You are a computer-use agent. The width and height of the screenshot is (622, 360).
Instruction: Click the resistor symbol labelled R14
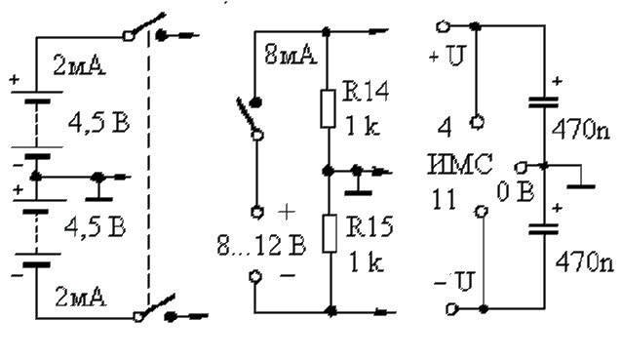click(x=328, y=108)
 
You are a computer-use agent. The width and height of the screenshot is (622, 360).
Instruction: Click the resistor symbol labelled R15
click(x=330, y=233)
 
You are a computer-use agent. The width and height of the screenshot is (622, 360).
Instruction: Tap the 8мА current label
click(x=291, y=55)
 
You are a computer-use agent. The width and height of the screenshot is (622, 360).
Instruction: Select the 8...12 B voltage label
click(x=262, y=245)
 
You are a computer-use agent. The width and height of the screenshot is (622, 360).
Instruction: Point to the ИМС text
click(x=460, y=164)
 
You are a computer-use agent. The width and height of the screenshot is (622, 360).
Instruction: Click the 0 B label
click(x=516, y=192)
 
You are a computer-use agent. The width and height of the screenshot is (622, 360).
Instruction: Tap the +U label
click(x=447, y=56)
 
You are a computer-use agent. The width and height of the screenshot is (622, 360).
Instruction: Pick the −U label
click(x=453, y=281)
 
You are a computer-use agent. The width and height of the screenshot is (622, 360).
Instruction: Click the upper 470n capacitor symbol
click(x=544, y=102)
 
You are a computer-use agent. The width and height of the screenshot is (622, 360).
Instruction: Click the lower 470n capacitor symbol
click(x=544, y=229)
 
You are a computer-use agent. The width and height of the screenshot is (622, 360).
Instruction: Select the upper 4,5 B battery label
click(x=98, y=123)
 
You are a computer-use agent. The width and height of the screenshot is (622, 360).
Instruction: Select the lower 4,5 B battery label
click(x=96, y=227)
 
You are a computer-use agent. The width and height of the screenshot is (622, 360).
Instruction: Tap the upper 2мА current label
click(x=79, y=66)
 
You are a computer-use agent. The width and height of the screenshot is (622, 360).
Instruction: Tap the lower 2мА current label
click(x=81, y=297)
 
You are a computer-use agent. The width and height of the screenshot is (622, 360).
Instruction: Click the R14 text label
click(x=366, y=91)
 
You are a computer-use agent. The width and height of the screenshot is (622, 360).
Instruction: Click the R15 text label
click(x=369, y=226)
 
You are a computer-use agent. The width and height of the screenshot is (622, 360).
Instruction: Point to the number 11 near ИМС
click(x=444, y=199)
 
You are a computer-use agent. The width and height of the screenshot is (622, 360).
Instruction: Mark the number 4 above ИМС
click(x=445, y=129)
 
